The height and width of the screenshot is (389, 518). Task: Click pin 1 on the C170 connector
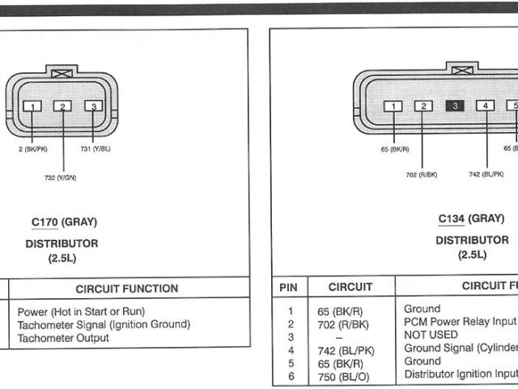(32, 106)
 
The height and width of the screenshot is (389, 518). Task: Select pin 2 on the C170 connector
(62, 106)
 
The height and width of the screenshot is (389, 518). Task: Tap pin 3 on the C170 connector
(94, 106)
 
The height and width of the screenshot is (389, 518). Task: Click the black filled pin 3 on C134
(455, 105)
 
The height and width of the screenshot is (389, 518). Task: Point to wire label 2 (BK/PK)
(32, 150)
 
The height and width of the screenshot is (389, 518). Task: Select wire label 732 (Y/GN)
(61, 177)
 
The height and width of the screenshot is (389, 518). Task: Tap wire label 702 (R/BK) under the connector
(422, 174)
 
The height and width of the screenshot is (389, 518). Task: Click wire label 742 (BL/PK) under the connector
(486, 174)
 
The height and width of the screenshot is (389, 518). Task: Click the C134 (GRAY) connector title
(471, 219)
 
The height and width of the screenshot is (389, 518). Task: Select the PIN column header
(288, 287)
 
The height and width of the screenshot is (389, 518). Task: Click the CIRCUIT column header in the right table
(350, 287)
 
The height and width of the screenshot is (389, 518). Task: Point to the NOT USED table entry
(430, 335)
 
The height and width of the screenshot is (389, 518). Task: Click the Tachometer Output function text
(62, 338)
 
